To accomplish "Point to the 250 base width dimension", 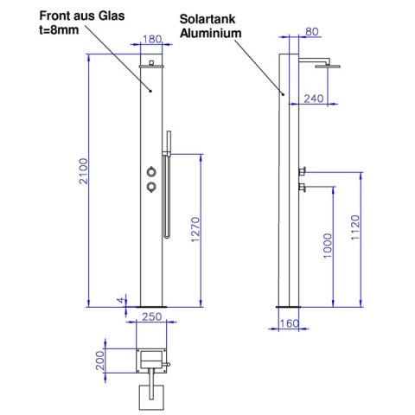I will pyautogui.click(x=152, y=316).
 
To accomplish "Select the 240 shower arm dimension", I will pyautogui.click(x=313, y=99).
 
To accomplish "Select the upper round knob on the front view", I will pyautogui.click(x=151, y=171).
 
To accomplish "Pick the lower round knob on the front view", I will pyautogui.click(x=151, y=186).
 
